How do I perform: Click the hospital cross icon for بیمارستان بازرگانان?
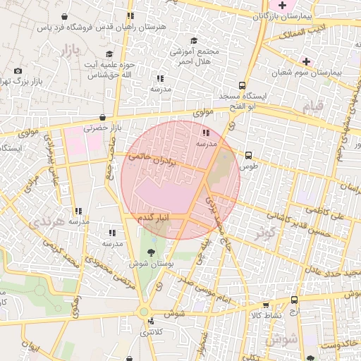click(283, 6)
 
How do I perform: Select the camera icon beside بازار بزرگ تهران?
click(18, 71)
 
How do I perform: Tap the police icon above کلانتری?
click(149, 322)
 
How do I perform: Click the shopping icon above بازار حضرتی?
click(103, 118)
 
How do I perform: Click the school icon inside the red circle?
click(205, 133)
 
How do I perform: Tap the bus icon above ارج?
click(294, 300)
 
